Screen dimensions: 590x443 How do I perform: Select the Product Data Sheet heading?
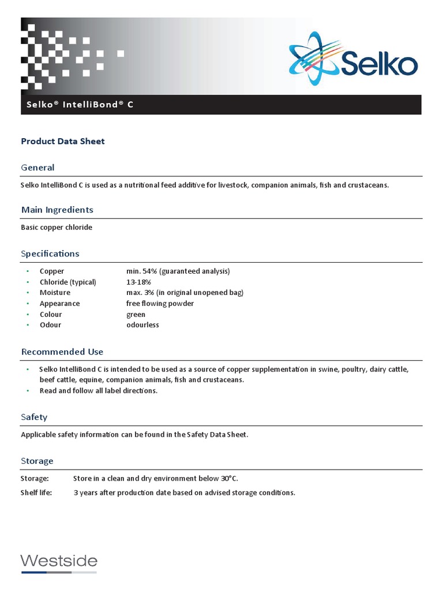[x=63, y=141]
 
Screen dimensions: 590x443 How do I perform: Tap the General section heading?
[x=37, y=168]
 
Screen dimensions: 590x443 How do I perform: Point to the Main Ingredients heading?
[x=57, y=210]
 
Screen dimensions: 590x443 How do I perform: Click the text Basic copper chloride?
[x=57, y=227]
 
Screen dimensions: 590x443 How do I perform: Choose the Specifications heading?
[x=50, y=254]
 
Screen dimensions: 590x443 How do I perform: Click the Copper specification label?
[x=52, y=271]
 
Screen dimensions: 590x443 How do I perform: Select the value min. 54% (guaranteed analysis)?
[x=178, y=271]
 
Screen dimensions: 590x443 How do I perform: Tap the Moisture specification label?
[x=55, y=293]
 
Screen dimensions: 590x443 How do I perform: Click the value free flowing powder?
[x=160, y=304]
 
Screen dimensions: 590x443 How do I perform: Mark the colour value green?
[x=136, y=315]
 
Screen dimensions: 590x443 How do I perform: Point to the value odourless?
[x=142, y=325]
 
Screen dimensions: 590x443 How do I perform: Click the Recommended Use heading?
[x=62, y=352]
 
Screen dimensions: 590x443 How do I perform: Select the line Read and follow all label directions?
[x=98, y=391]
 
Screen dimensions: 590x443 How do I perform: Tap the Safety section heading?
[x=34, y=417]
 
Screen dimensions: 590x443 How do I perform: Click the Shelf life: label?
[x=36, y=493]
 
